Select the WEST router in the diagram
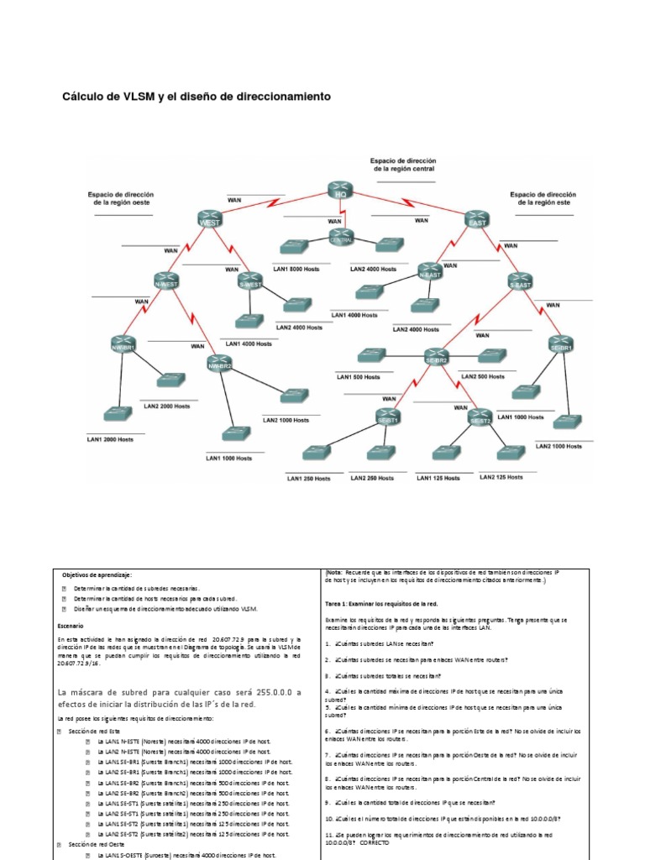click(x=210, y=218)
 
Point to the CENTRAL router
click(x=340, y=238)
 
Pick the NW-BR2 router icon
click(x=220, y=364)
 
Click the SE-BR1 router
click(x=560, y=345)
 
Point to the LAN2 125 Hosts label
click(x=501, y=477)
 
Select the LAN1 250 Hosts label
click(x=307, y=478)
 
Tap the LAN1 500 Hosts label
click(x=359, y=377)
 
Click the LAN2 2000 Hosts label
click(x=166, y=406)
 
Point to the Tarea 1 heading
click(x=381, y=603)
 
